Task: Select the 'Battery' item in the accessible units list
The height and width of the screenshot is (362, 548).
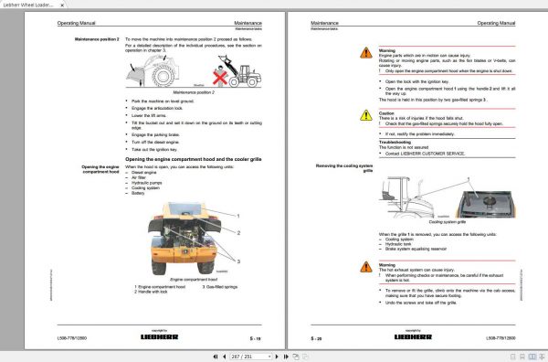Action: pyautogui.click(x=138, y=193)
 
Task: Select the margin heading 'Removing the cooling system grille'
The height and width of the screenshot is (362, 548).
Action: pyautogui.click(x=345, y=166)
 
